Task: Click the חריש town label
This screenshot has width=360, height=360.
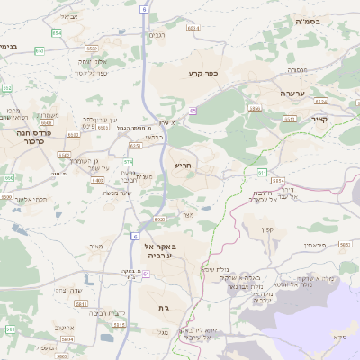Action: pyautogui.click(x=184, y=166)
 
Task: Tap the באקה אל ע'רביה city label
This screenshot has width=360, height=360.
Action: pyautogui.click(x=164, y=250)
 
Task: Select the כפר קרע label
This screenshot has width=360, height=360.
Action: pyautogui.click(x=204, y=73)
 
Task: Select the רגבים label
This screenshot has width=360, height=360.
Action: pyautogui.click(x=157, y=35)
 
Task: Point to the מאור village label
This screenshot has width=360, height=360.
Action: pyautogui.click(x=96, y=246)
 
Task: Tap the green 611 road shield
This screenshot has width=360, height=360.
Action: pyautogui.click(x=261, y=171)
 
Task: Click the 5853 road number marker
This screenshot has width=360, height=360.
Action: pyautogui.click(x=344, y=244)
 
